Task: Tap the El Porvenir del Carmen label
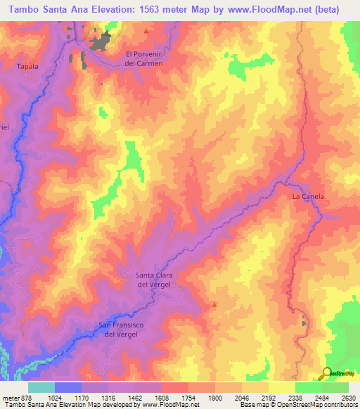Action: (143, 58)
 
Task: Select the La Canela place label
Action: (308, 197)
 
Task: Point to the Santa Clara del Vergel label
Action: (154, 279)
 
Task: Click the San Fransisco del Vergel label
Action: (124, 329)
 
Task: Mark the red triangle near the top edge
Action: (146, 31)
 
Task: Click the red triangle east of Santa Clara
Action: (214, 305)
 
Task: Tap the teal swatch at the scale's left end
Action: (41, 387)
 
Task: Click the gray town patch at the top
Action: (99, 41)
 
